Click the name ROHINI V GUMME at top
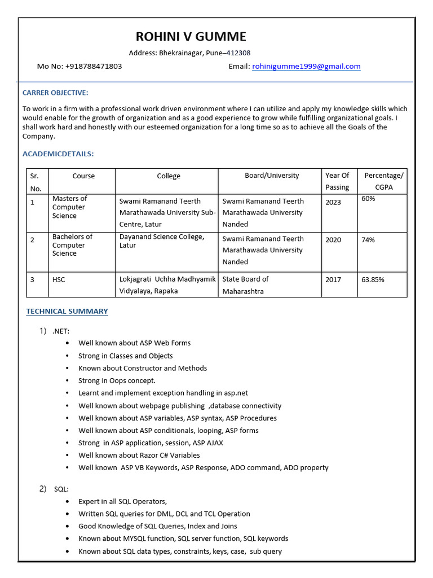pos(191,37)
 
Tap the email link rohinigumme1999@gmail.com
pos(306,67)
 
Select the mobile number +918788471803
pos(94,67)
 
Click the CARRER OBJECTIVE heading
pos(55,93)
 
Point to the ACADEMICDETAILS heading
pos(58,154)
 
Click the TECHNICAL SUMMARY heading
pos(67,312)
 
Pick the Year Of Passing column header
pos(337,181)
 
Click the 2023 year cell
pos(333,202)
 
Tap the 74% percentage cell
pos(368,240)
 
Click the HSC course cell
pos(59,279)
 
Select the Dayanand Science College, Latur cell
pos(162,241)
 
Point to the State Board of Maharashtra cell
pos(245,285)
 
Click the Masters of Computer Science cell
pos(69,207)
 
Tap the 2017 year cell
pos(333,279)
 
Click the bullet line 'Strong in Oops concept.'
pos(117,381)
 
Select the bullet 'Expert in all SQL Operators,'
pos(122,501)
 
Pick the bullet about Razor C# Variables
pos(139,455)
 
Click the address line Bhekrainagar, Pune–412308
pos(190,53)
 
